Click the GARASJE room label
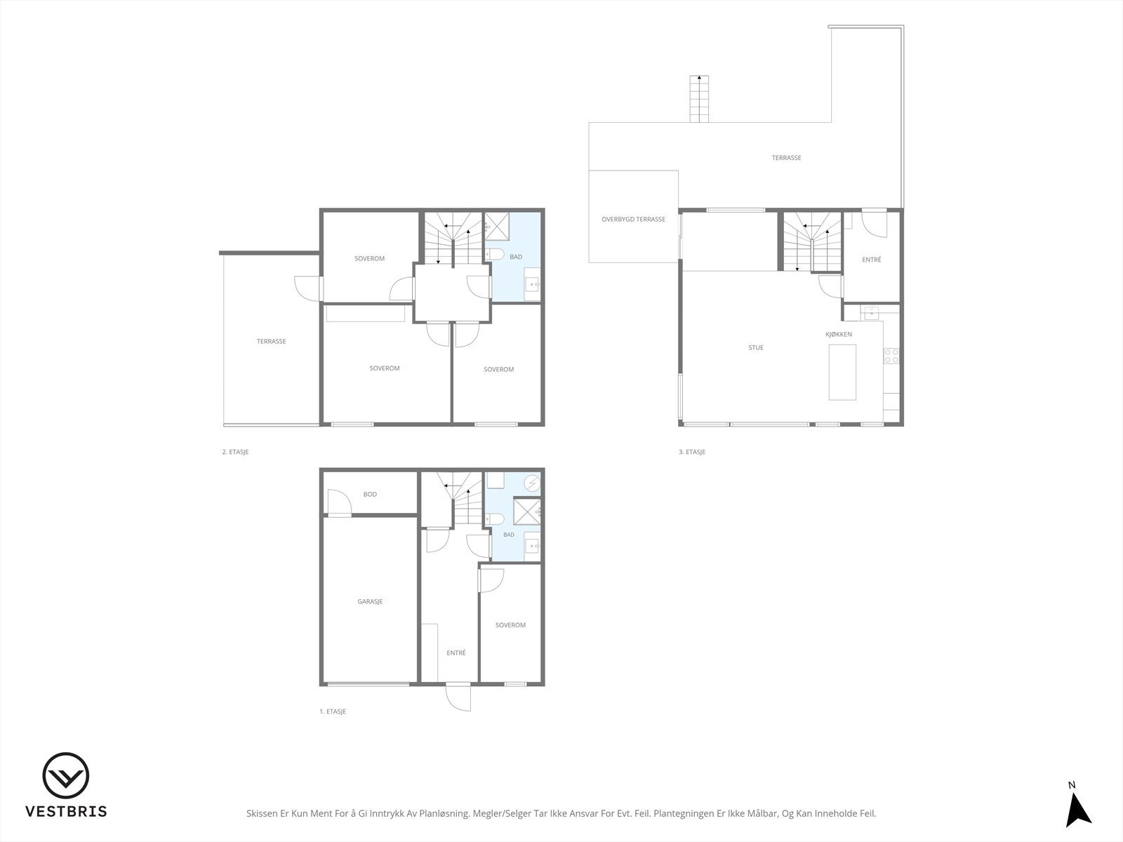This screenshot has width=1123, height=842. tap(370, 602)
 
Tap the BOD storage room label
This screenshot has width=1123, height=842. tap(370, 495)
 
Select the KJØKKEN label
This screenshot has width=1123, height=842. tap(839, 335)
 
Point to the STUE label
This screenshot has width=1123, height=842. tap(756, 347)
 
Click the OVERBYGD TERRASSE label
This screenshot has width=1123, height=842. tap(633, 220)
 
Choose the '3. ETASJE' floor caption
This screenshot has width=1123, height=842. tap(692, 452)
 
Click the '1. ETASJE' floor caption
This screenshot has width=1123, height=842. tap(333, 711)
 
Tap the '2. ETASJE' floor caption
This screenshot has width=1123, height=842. tap(235, 452)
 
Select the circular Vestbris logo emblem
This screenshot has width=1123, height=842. tap(66, 775)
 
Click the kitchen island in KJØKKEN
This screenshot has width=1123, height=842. tap(842, 372)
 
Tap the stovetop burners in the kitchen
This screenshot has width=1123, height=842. tap(891, 356)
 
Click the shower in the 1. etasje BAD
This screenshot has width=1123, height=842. tap(527, 511)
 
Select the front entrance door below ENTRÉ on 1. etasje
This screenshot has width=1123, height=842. tap(458, 697)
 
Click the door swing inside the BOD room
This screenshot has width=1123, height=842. tap(339, 502)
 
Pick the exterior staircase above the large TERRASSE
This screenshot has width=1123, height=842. tap(699, 99)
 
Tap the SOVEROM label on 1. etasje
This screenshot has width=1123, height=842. tap(510, 625)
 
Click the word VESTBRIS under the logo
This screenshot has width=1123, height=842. tap(66, 812)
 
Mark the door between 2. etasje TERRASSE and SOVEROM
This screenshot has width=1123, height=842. tap(308, 289)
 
